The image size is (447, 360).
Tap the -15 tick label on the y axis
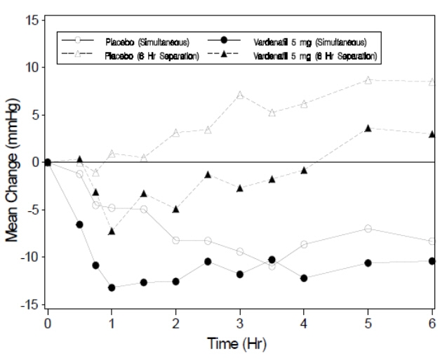click(x=29, y=305)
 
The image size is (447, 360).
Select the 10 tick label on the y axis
click(x=32, y=67)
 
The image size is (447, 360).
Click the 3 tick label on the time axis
click(x=240, y=322)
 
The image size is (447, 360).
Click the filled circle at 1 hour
click(x=112, y=287)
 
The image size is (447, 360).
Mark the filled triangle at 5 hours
click(x=368, y=128)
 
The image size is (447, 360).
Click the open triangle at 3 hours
click(x=240, y=95)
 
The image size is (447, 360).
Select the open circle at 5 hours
click(x=368, y=229)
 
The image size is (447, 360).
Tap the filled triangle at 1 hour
click(x=112, y=231)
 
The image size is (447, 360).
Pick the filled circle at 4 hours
click(x=304, y=278)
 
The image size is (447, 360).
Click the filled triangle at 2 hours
click(x=176, y=209)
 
